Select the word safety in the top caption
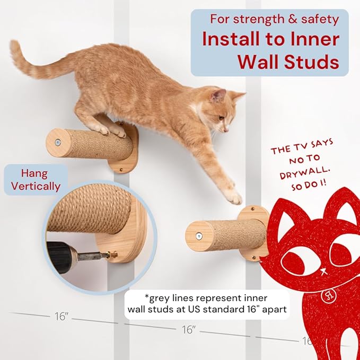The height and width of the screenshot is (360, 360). click(319, 19)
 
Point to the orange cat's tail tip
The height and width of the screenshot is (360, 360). click(13, 47)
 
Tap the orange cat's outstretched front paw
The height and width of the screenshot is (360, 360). click(233, 197)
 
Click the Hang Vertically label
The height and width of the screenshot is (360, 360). click(34, 180)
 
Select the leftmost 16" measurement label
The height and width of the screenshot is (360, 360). click(61, 317)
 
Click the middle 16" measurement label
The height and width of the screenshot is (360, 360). click(188, 330)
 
